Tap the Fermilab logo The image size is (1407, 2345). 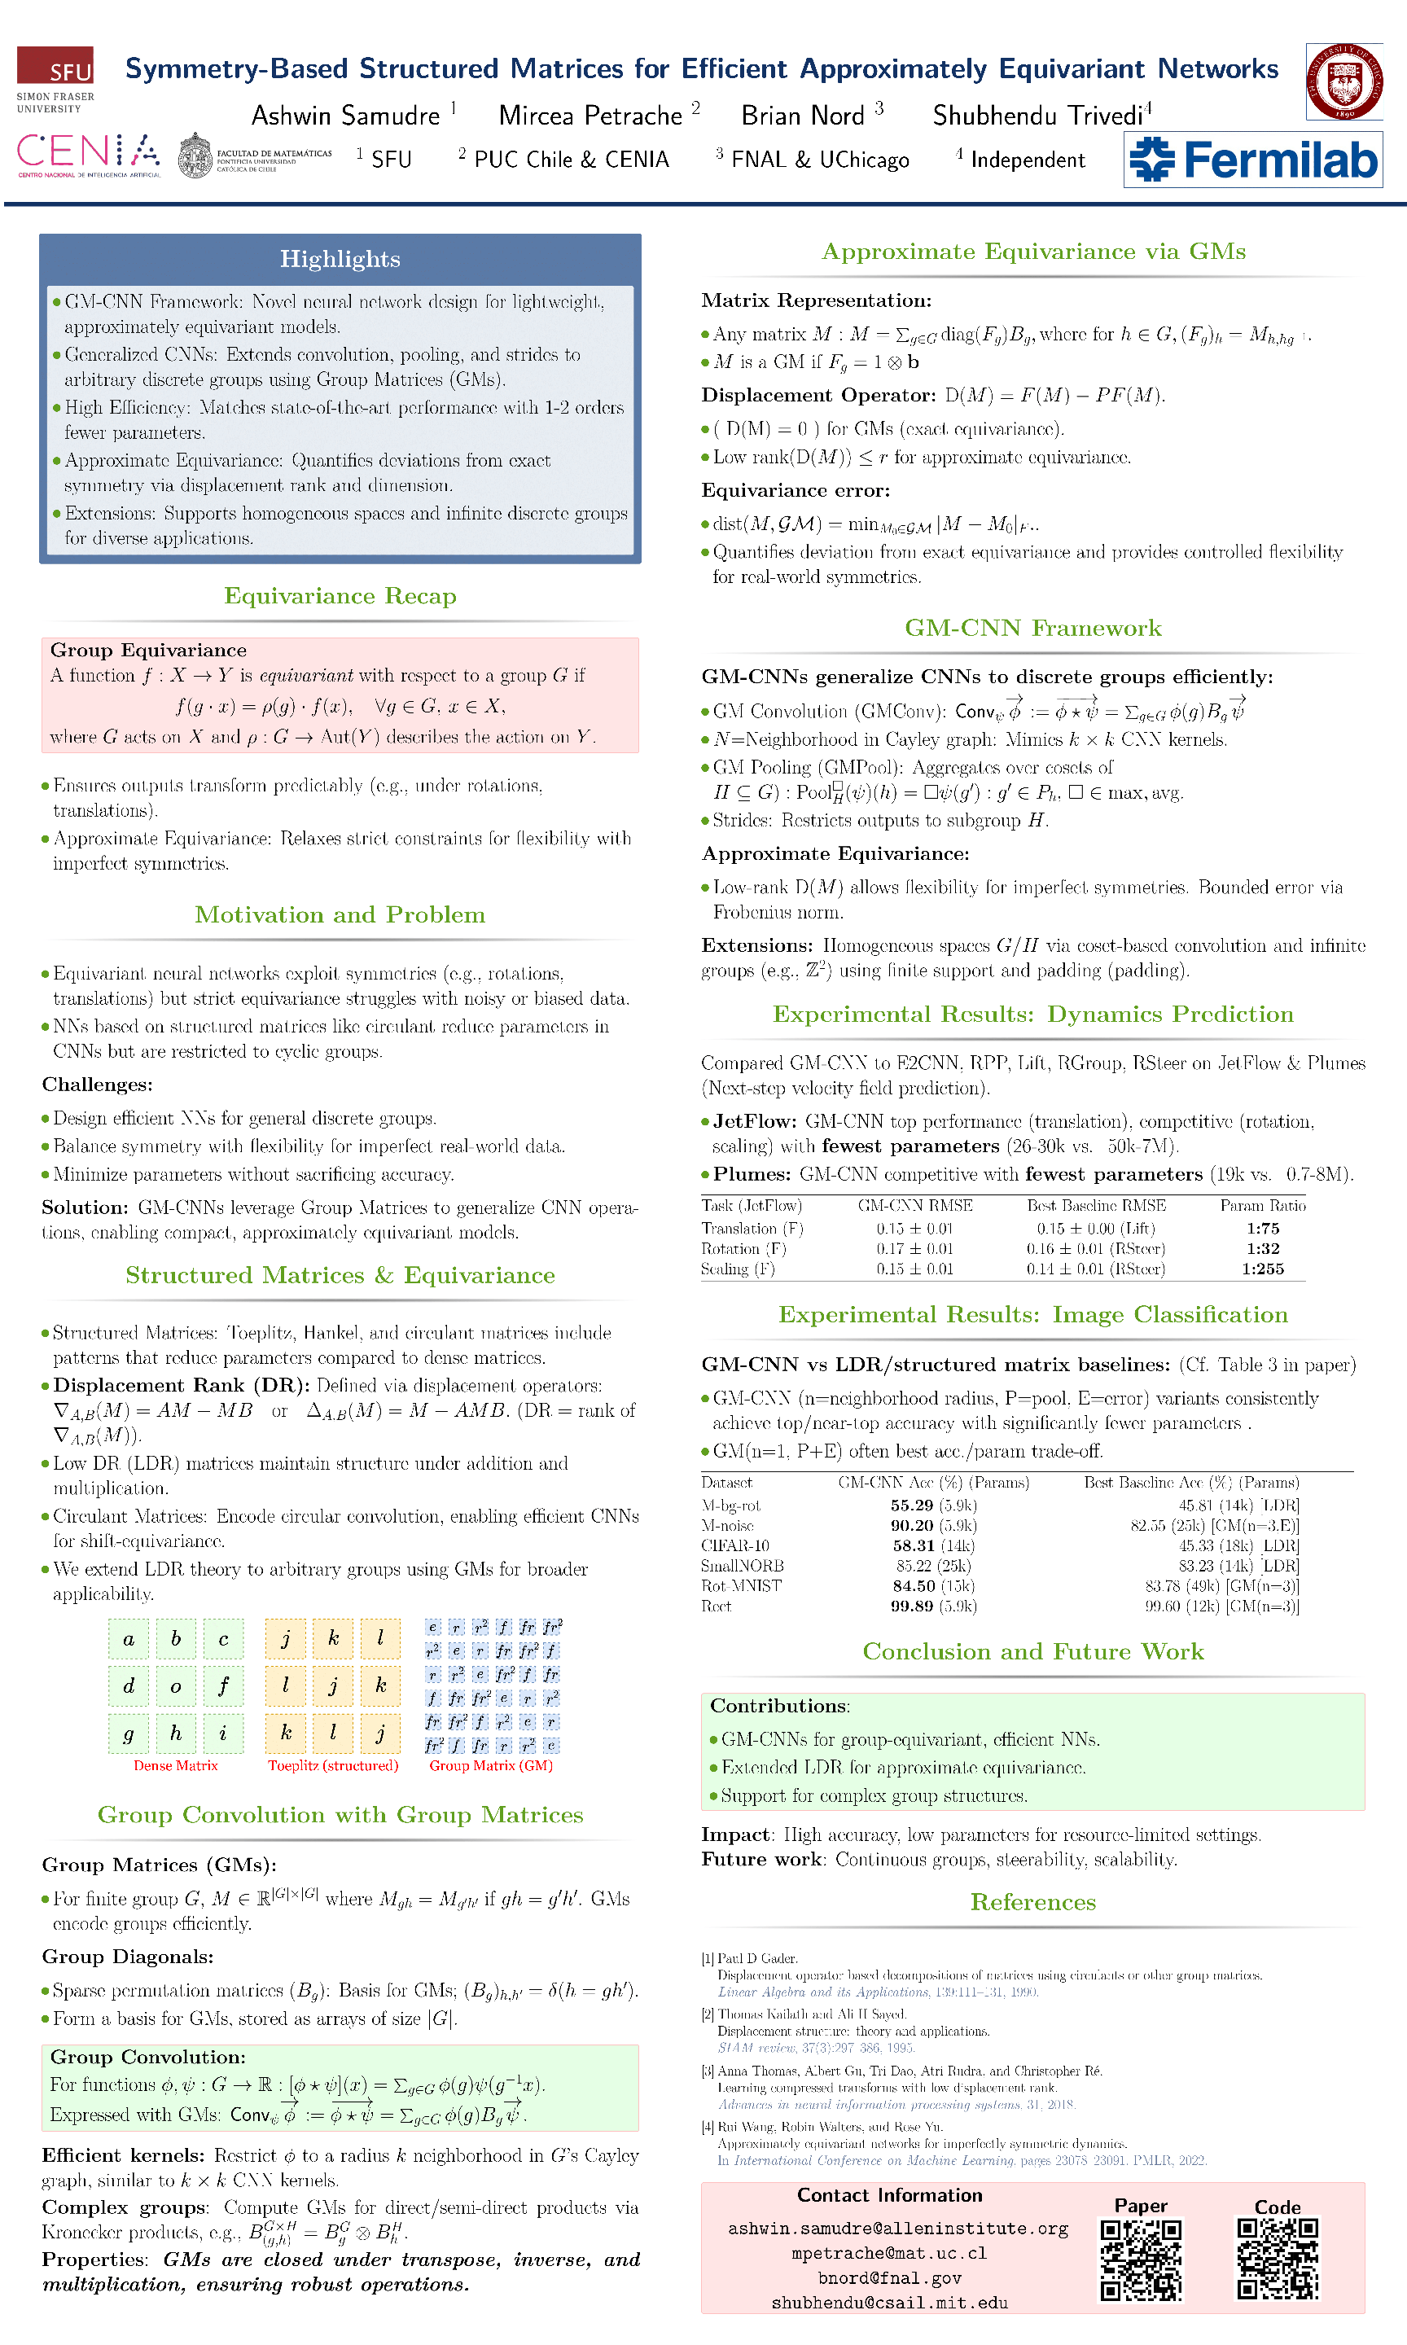pyautogui.click(x=1252, y=160)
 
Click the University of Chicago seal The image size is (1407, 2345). pyautogui.click(x=1343, y=81)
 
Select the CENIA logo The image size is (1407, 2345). pyautogui.click(x=88, y=156)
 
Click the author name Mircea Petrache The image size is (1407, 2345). pyautogui.click(x=590, y=116)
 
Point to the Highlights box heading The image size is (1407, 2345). pyautogui.click(x=340, y=259)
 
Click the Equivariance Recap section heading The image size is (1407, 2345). pyautogui.click(x=340, y=595)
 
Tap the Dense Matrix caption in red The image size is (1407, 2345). pyautogui.click(x=175, y=1765)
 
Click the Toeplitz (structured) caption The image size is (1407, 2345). pyautogui.click(x=333, y=1765)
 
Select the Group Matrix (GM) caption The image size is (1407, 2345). pyautogui.click(x=490, y=1765)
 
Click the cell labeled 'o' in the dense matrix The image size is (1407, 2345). pyautogui.click(x=175, y=1686)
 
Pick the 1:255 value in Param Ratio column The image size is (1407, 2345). pyautogui.click(x=1262, y=1269)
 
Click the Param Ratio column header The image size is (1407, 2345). pyautogui.click(x=1262, y=1206)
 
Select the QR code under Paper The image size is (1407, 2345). pyautogui.click(x=1141, y=2260)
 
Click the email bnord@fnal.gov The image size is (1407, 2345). pyautogui.click(x=889, y=2277)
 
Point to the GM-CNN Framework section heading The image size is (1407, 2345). pyautogui.click(x=1032, y=628)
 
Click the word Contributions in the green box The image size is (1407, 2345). pyautogui.click(x=778, y=1706)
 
